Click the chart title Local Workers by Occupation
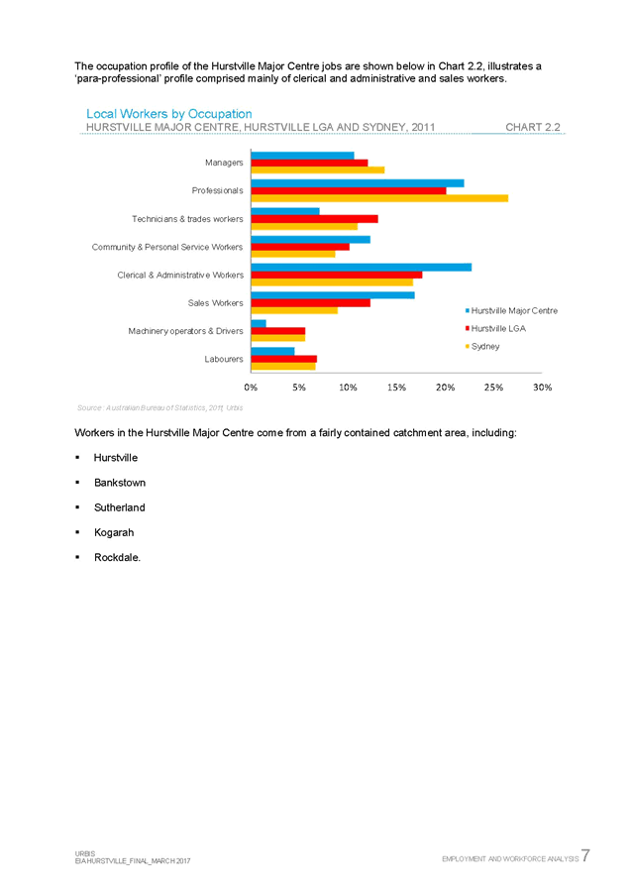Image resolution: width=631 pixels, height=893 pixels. tap(168, 115)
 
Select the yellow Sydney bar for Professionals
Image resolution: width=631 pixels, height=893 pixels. tap(379, 198)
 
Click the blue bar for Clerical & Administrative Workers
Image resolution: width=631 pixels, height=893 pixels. tap(362, 266)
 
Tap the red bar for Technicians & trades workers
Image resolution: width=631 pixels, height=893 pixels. tap(314, 218)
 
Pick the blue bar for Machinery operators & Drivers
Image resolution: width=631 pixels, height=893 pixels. tap(259, 322)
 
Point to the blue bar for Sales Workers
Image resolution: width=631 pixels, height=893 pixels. tap(333, 294)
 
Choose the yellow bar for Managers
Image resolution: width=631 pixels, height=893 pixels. tap(317, 170)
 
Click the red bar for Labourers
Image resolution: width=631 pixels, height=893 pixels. tap(283, 358)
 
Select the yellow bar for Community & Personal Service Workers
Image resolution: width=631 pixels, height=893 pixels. tap(293, 255)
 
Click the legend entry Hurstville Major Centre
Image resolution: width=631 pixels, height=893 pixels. tap(513, 310)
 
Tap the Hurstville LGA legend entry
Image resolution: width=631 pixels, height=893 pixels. tap(500, 327)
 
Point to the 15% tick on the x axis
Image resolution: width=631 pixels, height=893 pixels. tap(396, 388)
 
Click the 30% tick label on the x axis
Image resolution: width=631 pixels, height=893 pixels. tap(542, 388)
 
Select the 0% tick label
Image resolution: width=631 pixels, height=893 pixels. tap(251, 388)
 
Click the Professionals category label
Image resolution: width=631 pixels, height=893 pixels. tap(217, 190)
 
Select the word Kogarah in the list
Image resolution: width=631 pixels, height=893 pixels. tap(114, 532)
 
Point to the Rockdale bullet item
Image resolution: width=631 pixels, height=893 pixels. tap(117, 558)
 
